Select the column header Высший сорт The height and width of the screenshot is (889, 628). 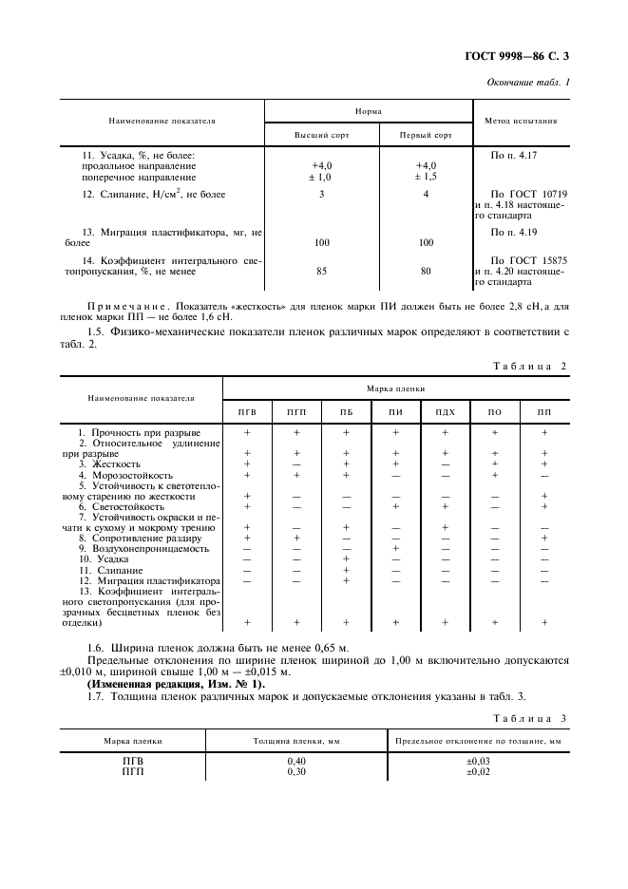[321, 135]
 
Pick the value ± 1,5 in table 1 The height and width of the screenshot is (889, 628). [426, 177]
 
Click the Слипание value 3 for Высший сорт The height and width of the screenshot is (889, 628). [321, 195]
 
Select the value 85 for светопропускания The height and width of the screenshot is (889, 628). [321, 272]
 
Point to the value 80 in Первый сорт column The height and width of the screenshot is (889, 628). [426, 272]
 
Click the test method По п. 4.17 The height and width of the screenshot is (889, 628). [512, 154]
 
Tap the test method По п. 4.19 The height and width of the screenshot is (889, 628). [512, 232]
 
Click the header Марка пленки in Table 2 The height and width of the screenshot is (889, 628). [398, 389]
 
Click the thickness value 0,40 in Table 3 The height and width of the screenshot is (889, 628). [296, 761]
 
